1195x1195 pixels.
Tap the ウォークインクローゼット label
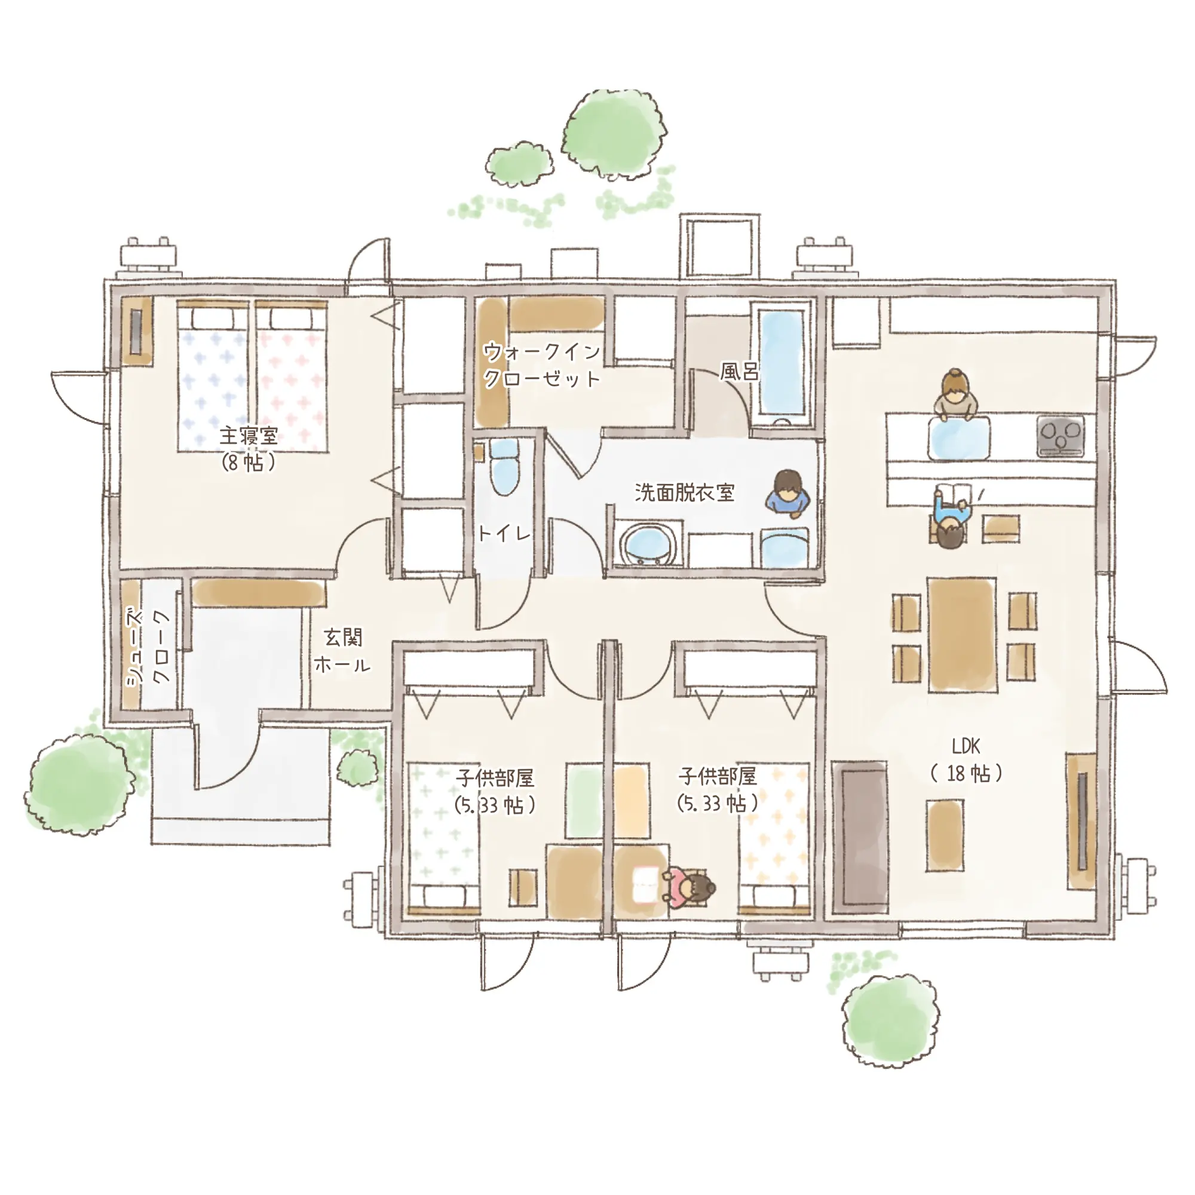click(542, 365)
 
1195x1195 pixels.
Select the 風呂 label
click(739, 371)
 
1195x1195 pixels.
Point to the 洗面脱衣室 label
click(685, 492)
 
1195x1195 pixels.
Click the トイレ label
click(505, 532)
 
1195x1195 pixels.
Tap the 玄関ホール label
click(342, 651)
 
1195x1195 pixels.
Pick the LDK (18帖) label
click(966, 759)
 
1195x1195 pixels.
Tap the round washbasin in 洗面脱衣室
click(647, 546)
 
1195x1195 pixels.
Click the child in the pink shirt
click(688, 889)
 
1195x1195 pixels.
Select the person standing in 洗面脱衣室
click(788, 492)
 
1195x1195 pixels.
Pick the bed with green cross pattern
click(444, 839)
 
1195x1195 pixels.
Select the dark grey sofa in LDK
click(860, 837)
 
